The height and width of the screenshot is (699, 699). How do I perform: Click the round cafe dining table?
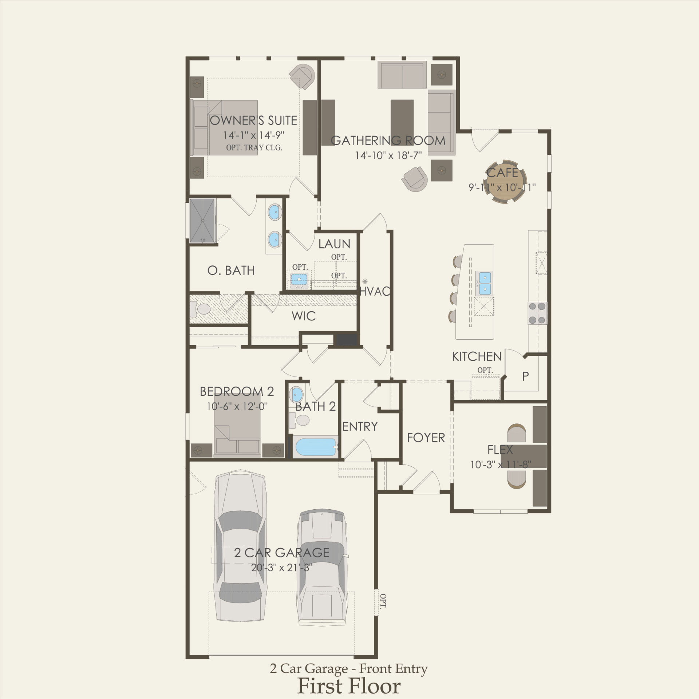click(x=505, y=182)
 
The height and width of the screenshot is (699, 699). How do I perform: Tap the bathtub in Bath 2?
click(x=316, y=447)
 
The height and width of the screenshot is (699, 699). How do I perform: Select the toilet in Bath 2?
click(x=299, y=420)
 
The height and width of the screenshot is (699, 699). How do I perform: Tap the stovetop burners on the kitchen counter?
click(x=538, y=313)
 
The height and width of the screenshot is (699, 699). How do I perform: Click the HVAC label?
click(x=375, y=291)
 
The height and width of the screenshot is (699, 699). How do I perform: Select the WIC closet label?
click(x=304, y=316)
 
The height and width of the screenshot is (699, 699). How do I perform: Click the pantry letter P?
click(x=525, y=376)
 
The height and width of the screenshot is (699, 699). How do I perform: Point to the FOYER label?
click(x=426, y=438)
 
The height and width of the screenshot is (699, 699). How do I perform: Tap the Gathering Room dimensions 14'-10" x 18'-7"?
click(x=388, y=155)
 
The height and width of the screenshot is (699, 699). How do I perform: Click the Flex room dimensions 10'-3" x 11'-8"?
click(x=501, y=465)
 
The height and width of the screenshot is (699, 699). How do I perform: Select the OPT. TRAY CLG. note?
click(x=254, y=148)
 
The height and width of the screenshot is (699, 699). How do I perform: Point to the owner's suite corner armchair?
click(x=303, y=76)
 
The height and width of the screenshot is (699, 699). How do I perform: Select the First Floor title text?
click(x=349, y=686)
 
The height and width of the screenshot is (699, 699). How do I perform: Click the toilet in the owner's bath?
click(x=201, y=309)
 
